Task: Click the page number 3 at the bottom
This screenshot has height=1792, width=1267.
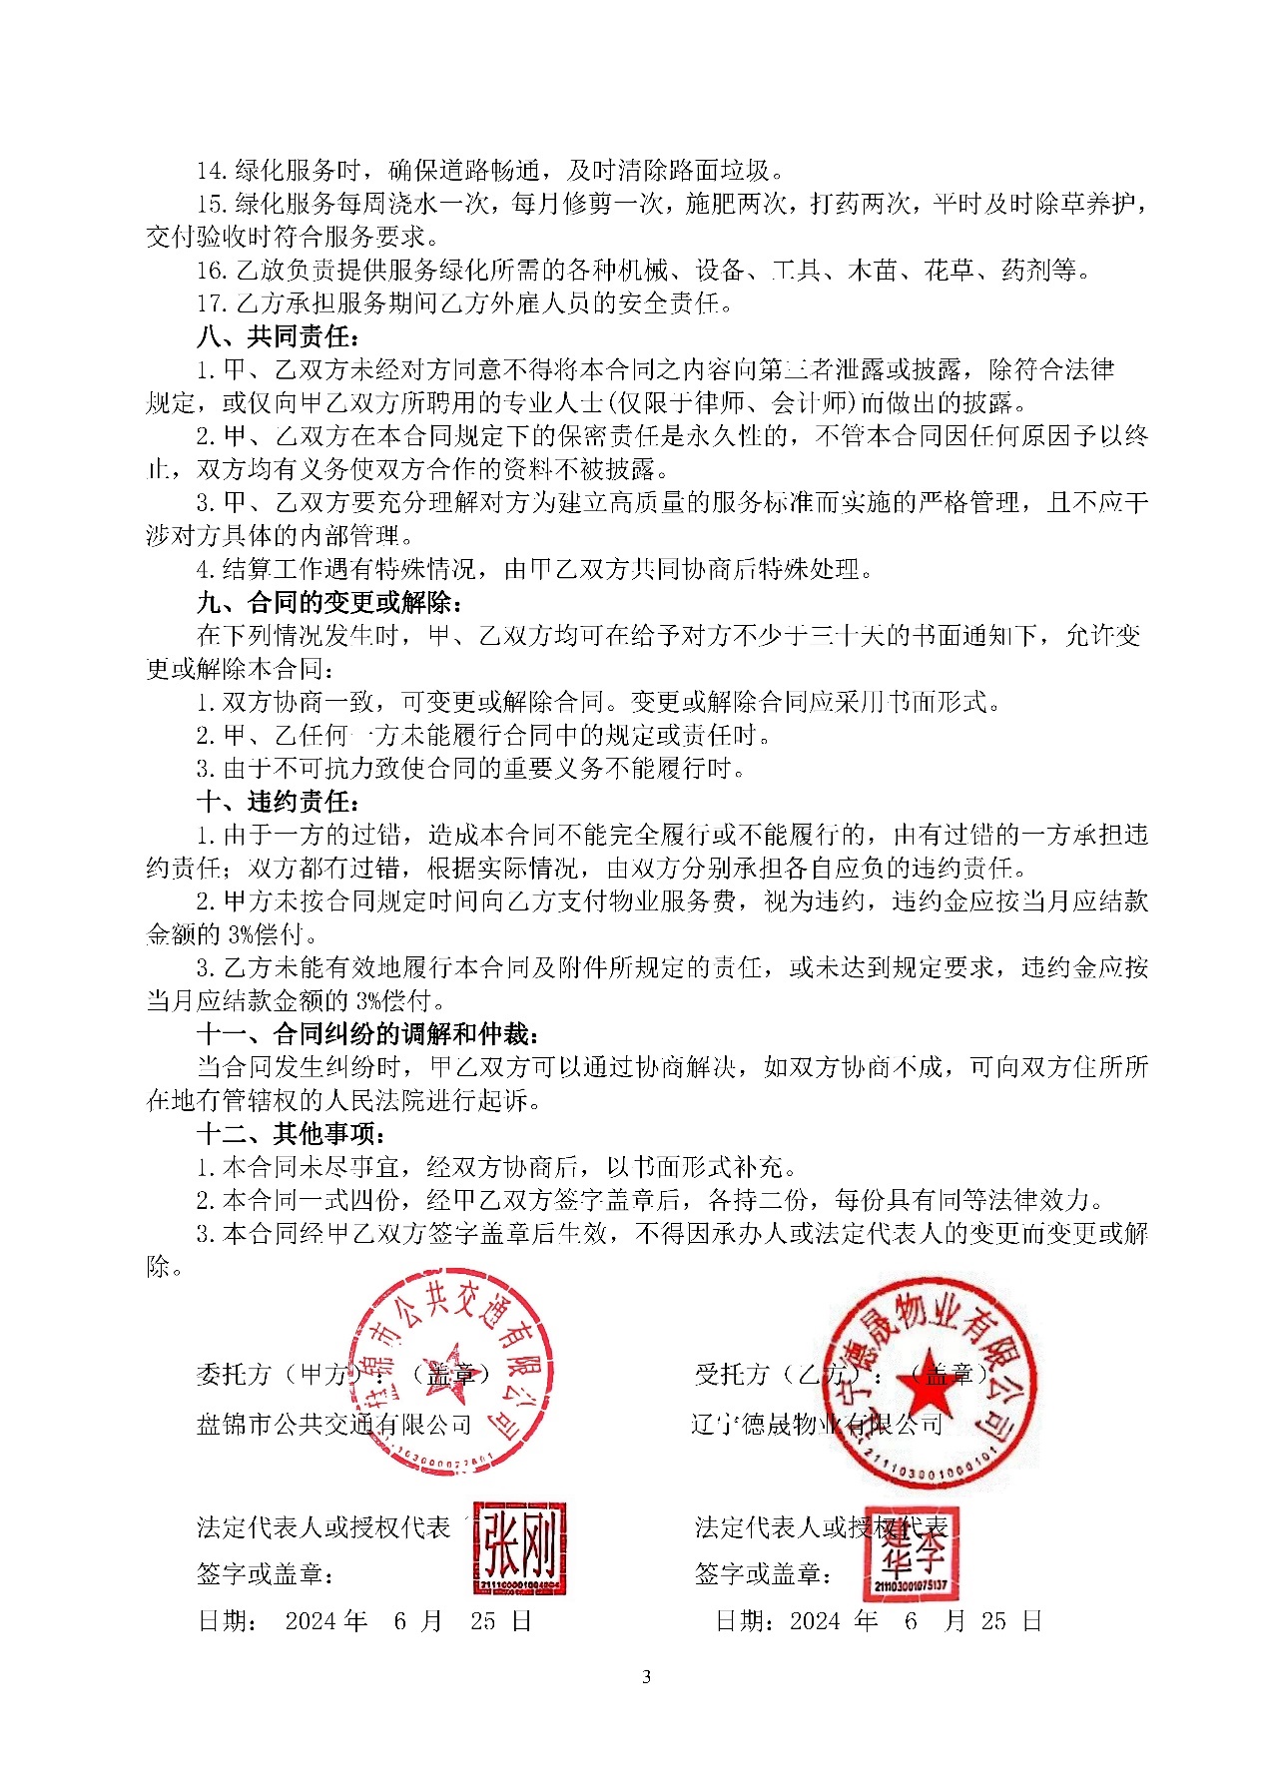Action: [646, 1676]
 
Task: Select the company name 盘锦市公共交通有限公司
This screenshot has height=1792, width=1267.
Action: [333, 1424]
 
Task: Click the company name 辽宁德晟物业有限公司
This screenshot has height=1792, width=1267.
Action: [816, 1424]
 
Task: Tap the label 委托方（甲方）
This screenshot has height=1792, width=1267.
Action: [274, 1375]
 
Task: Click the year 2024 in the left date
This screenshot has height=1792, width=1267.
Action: [311, 1620]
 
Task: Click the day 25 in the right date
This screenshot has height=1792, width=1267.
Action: [993, 1620]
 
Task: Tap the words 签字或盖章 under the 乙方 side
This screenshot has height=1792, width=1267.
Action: [759, 1574]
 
